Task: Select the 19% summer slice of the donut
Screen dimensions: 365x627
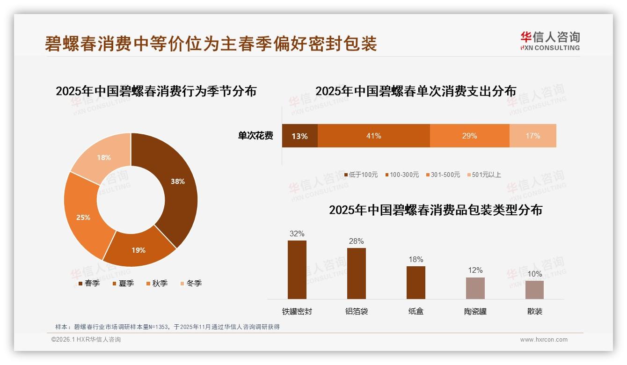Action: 139,248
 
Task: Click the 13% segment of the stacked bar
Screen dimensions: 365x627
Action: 299,136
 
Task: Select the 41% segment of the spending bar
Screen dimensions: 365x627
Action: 373,136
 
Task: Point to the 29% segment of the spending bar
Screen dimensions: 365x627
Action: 469,136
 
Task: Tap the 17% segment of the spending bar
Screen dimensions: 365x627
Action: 532,136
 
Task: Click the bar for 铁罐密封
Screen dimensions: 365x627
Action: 297,270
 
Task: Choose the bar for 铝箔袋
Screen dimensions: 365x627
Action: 356,273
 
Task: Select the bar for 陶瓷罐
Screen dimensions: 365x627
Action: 475,288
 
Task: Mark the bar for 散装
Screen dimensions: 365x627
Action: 534,290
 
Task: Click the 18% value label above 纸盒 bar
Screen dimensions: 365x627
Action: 416,259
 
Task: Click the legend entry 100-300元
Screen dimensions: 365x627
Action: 402,175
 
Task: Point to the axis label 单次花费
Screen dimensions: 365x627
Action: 255,136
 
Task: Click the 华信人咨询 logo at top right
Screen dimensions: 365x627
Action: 550,41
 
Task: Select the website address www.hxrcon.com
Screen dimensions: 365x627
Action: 544,340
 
